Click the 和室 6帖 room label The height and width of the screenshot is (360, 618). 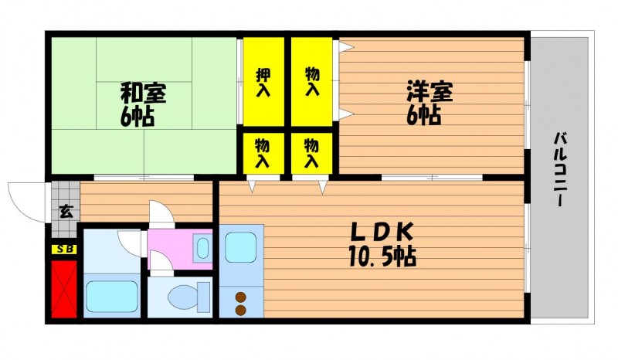(142, 104)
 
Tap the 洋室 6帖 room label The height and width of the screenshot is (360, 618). (430, 103)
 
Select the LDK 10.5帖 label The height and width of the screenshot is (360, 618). (382, 245)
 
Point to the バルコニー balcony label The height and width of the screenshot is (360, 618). (561, 169)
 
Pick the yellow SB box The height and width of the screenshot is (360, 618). (64, 250)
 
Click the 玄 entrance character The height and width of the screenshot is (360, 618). (66, 212)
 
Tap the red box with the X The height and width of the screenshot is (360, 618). (64, 289)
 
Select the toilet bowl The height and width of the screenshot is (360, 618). (182, 297)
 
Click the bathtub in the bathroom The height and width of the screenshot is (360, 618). (112, 296)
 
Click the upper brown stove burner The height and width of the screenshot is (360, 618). (240, 297)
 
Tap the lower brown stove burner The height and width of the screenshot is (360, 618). (240, 311)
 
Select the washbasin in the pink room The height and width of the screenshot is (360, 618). (202, 249)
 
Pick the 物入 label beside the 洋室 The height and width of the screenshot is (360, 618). (312, 82)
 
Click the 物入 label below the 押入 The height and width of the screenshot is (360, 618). (263, 153)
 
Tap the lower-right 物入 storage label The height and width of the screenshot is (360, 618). (312, 153)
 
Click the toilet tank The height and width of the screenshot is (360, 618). (204, 297)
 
